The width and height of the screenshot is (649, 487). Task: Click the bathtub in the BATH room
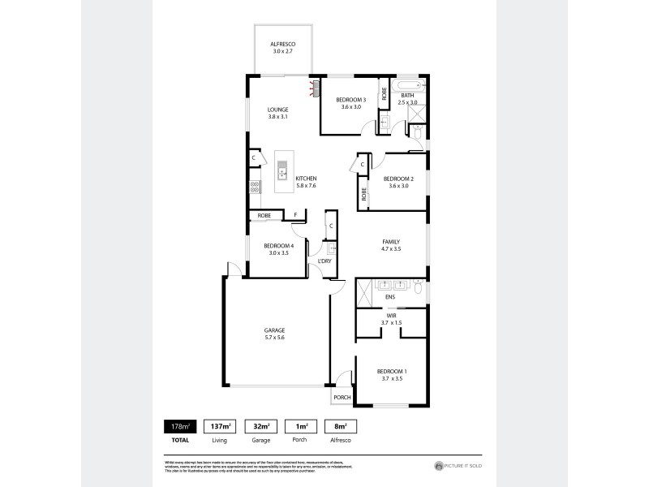click(407, 85)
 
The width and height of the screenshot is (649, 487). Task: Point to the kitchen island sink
click(282, 170)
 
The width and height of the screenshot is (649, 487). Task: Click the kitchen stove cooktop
click(254, 186)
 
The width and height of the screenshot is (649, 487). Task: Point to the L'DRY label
click(324, 261)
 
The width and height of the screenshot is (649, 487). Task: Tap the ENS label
click(389, 298)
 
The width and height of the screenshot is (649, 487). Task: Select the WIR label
click(391, 320)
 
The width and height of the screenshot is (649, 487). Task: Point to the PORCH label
click(342, 398)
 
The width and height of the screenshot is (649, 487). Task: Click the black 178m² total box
click(178, 425)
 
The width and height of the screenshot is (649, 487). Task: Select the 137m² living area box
click(218, 425)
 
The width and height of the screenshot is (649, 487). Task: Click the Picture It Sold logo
click(458, 466)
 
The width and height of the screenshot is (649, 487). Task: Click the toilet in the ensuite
click(417, 287)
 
